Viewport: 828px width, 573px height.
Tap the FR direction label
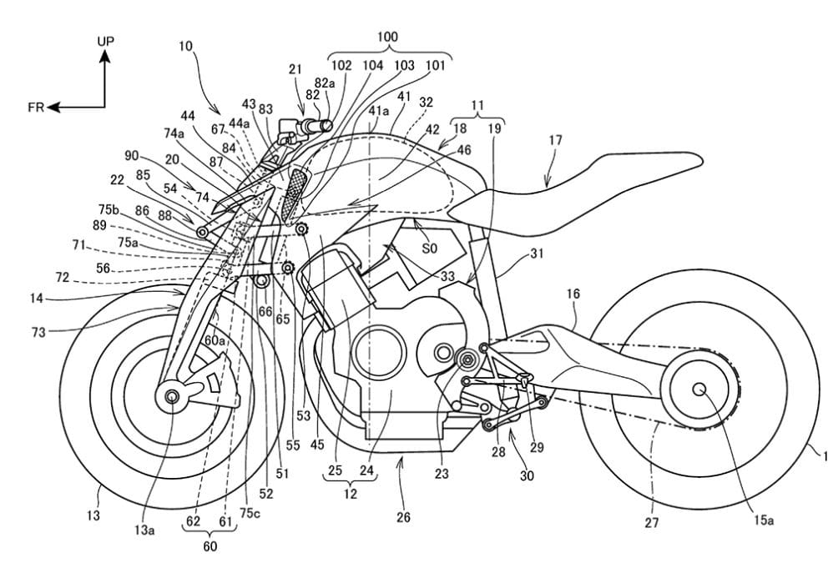(x=36, y=107)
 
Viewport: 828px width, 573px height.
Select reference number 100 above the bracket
(x=386, y=38)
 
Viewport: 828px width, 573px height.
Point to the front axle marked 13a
(x=173, y=396)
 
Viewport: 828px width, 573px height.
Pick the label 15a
(x=765, y=520)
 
